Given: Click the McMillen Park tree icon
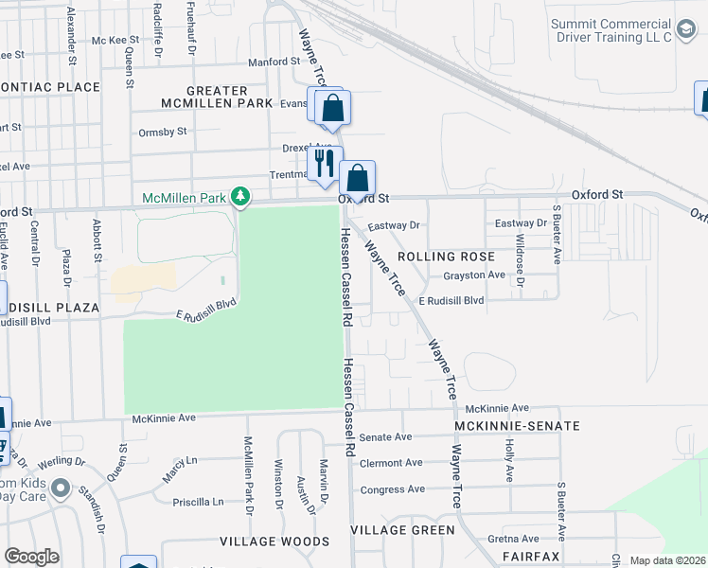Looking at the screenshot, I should point(242,196).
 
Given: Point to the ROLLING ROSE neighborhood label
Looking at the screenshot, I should point(446,257).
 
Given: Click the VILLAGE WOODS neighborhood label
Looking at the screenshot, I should point(274,541).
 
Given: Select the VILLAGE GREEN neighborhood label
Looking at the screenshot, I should point(402,530).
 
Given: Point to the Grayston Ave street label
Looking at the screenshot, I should point(474,275).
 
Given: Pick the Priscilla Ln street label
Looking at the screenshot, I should point(198,502).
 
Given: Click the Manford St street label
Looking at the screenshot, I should point(274,62).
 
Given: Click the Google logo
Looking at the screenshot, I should point(31,557).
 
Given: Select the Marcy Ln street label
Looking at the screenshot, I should point(179,470).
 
